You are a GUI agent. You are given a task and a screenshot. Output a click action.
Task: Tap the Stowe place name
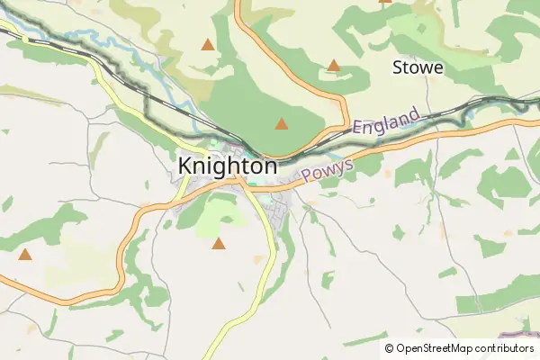(x=418, y=67)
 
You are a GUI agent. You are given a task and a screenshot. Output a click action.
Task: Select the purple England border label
(x=386, y=122)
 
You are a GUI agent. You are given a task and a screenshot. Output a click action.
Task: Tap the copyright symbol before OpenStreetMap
(x=389, y=348)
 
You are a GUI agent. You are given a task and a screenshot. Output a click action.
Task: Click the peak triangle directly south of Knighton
(x=218, y=243)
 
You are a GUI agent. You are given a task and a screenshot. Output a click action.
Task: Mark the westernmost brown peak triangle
(x=25, y=255)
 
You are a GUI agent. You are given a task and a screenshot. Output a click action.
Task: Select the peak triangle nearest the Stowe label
(x=334, y=65)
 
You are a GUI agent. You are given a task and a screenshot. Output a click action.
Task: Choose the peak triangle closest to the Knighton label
(x=282, y=124)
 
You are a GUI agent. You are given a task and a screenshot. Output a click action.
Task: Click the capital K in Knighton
(x=186, y=166)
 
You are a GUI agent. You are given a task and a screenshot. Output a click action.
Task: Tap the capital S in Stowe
(x=399, y=67)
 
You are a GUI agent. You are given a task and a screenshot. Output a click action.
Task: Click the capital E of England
(x=357, y=132)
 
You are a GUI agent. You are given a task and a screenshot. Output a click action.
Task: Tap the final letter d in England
(x=415, y=114)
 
